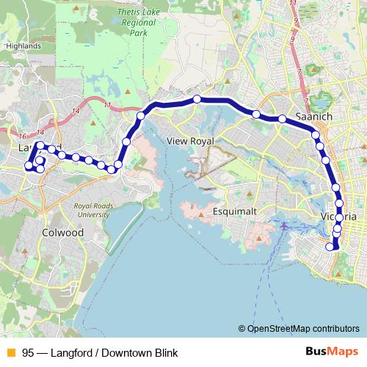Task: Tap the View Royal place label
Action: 190,140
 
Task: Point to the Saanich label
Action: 314,117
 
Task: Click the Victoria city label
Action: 339,217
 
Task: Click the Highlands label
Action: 21,45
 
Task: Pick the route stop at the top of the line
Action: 197,99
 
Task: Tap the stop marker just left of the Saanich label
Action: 282,118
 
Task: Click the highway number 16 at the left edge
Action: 23,137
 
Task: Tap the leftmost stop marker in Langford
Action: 28,166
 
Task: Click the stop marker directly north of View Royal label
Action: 197,99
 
